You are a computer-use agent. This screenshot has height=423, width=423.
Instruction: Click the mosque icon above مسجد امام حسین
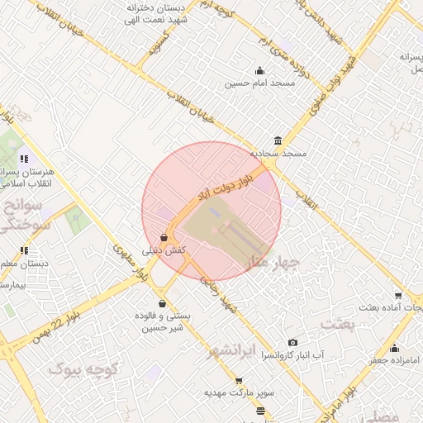pyautogui.click(x=260, y=70)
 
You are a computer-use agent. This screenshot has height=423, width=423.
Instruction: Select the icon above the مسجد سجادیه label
pyautogui.click(x=278, y=140)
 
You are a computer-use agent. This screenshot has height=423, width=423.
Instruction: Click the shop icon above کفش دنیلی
pyautogui.click(x=164, y=237)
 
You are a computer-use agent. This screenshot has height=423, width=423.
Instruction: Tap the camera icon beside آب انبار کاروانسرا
pyautogui.click(x=292, y=343)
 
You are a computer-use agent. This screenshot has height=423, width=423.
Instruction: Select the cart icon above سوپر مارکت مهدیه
pyautogui.click(x=239, y=381)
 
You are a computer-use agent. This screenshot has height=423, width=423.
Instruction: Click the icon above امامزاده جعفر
pyautogui.click(x=395, y=348)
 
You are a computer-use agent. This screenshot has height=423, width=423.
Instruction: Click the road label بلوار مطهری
pyautogui.click(x=132, y=259)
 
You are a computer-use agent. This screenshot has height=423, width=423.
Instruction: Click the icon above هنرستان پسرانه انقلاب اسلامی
pyautogui.click(x=25, y=159)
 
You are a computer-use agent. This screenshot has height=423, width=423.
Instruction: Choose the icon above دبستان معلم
pyautogui.click(x=25, y=250)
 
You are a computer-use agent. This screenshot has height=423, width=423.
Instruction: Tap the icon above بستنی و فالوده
pyautogui.click(x=162, y=303)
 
